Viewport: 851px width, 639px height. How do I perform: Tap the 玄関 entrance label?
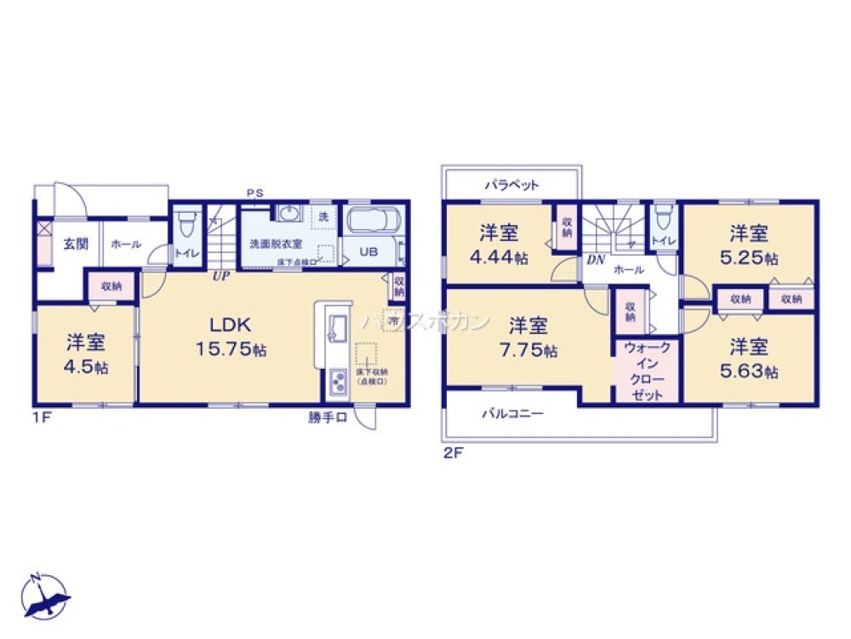pyautogui.click(x=75, y=244)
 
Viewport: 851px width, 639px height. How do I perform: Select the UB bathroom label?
pyautogui.click(x=368, y=252)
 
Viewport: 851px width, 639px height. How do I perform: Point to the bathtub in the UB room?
pyautogui.click(x=373, y=221)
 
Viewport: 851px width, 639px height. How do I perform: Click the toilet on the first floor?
pyautogui.click(x=186, y=225)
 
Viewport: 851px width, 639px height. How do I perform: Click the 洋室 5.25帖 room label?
pyautogui.click(x=748, y=243)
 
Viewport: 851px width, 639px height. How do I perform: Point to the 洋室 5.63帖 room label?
pyautogui.click(x=748, y=358)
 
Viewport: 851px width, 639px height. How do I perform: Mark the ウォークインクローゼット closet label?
pyautogui.click(x=647, y=371)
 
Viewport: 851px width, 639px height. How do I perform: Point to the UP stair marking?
pyautogui.click(x=220, y=276)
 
